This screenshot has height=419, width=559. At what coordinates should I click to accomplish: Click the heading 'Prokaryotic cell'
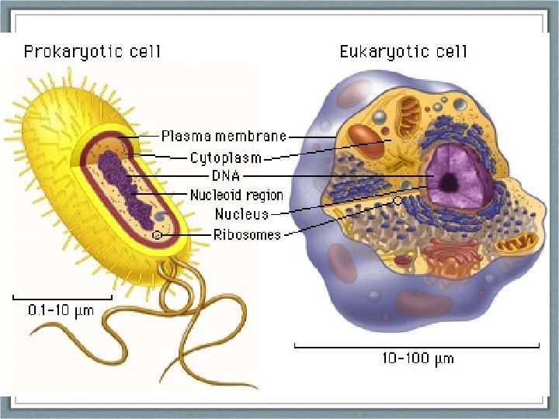pyautogui.click(x=92, y=52)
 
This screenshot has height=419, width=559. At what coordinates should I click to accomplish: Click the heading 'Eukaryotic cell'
pyautogui.click(x=403, y=52)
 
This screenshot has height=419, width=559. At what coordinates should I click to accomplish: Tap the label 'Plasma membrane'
pyautogui.click(x=224, y=137)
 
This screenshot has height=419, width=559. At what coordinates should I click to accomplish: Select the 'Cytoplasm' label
pyautogui.click(x=226, y=158)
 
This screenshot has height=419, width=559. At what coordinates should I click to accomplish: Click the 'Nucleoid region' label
pyautogui.click(x=237, y=195)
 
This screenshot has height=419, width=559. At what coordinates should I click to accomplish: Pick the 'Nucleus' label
pyautogui.click(x=241, y=213)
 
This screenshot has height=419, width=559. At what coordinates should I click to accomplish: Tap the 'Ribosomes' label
pyautogui.click(x=247, y=234)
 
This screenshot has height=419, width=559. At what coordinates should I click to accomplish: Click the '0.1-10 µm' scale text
pyautogui.click(x=61, y=311)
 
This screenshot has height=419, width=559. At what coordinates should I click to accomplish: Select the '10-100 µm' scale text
pyautogui.click(x=418, y=358)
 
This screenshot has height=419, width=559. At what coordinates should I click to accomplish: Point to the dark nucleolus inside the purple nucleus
pyautogui.click(x=448, y=183)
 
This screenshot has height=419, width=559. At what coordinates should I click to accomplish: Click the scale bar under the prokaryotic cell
pyautogui.click(x=62, y=296)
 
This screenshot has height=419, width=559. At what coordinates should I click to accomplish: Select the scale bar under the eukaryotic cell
pyautogui.click(x=417, y=345)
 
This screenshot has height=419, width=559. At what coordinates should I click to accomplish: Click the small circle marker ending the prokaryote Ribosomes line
pyautogui.click(x=157, y=234)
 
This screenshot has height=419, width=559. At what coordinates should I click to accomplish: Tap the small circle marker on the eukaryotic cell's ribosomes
pyautogui.click(x=398, y=200)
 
